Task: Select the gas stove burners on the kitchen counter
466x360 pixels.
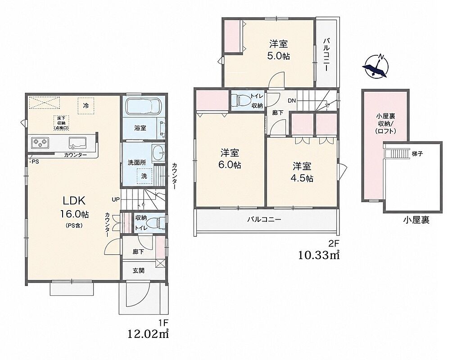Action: [x=40, y=143]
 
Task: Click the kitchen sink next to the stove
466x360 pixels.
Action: [x=77, y=143]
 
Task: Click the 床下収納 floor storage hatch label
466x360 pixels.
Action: [x=62, y=123]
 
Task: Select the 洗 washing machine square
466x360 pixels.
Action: [x=144, y=176]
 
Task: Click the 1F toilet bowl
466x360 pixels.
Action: [x=155, y=222]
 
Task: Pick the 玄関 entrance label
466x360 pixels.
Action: [x=139, y=270]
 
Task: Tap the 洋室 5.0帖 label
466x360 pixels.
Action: [x=278, y=50]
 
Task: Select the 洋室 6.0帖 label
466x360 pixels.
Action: [x=230, y=159]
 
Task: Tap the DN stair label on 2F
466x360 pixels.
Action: [x=292, y=101]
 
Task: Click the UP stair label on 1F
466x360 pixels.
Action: [x=116, y=200]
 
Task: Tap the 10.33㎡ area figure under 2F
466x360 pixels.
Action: [x=318, y=255]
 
